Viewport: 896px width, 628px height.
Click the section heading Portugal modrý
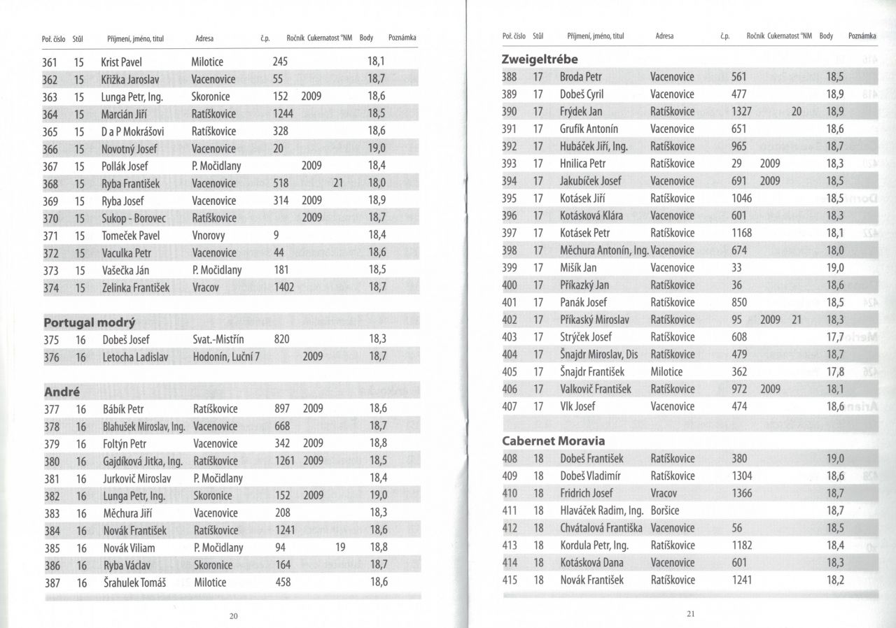(x=90, y=322)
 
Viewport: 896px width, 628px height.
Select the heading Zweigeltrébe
(x=540, y=59)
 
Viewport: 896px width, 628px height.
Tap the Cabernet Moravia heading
(x=554, y=441)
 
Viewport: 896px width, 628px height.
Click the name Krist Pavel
(x=121, y=62)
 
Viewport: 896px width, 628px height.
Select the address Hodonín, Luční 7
(x=226, y=357)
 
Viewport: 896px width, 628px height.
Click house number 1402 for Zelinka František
(x=283, y=287)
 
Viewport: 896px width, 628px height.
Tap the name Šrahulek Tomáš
(x=130, y=583)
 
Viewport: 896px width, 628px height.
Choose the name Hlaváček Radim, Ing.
(x=601, y=511)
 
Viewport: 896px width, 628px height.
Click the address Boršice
(x=665, y=511)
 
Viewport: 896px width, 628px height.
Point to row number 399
(x=510, y=268)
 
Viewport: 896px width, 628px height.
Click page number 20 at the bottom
(x=234, y=616)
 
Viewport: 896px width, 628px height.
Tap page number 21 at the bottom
(x=690, y=615)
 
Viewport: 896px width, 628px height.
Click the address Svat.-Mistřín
(x=218, y=339)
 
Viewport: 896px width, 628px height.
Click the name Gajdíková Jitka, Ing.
(x=142, y=461)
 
